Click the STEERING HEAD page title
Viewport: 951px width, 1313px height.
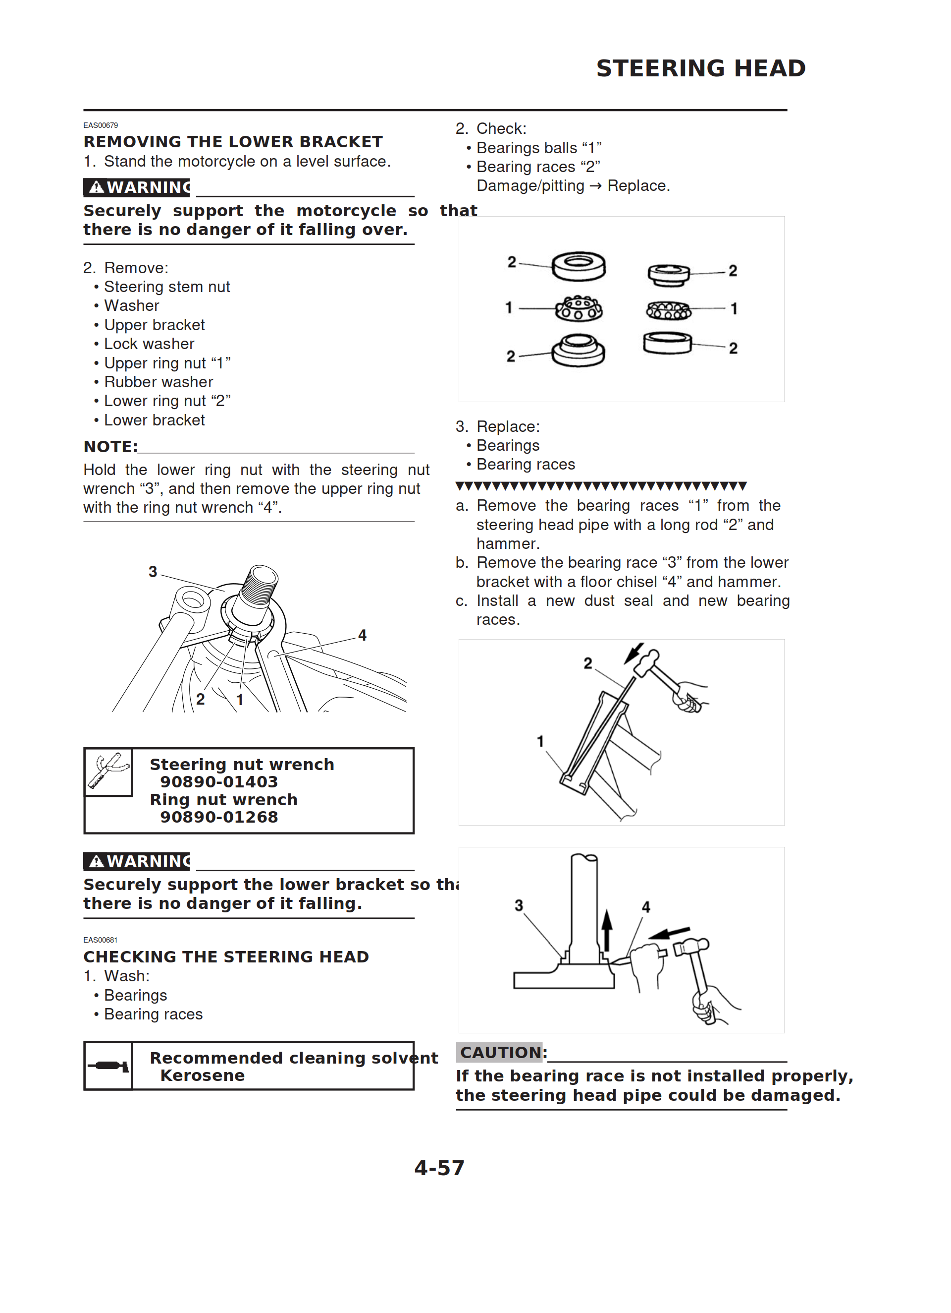tap(700, 68)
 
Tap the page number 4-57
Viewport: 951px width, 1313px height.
tap(439, 1168)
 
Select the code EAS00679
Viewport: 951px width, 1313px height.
tap(101, 125)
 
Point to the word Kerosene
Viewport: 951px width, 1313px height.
tap(203, 1075)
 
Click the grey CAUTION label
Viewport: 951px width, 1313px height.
tap(500, 1053)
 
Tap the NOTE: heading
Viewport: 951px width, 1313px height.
tap(110, 447)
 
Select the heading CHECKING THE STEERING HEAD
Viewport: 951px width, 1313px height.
tap(226, 957)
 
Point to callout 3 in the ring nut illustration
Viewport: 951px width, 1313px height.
tap(153, 572)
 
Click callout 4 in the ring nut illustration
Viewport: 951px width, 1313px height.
tap(362, 636)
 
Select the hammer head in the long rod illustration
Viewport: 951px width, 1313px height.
tap(647, 662)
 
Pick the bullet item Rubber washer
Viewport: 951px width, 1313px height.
tap(158, 382)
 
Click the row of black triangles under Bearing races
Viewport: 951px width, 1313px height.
tap(601, 486)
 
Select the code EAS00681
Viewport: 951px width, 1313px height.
tap(101, 940)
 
